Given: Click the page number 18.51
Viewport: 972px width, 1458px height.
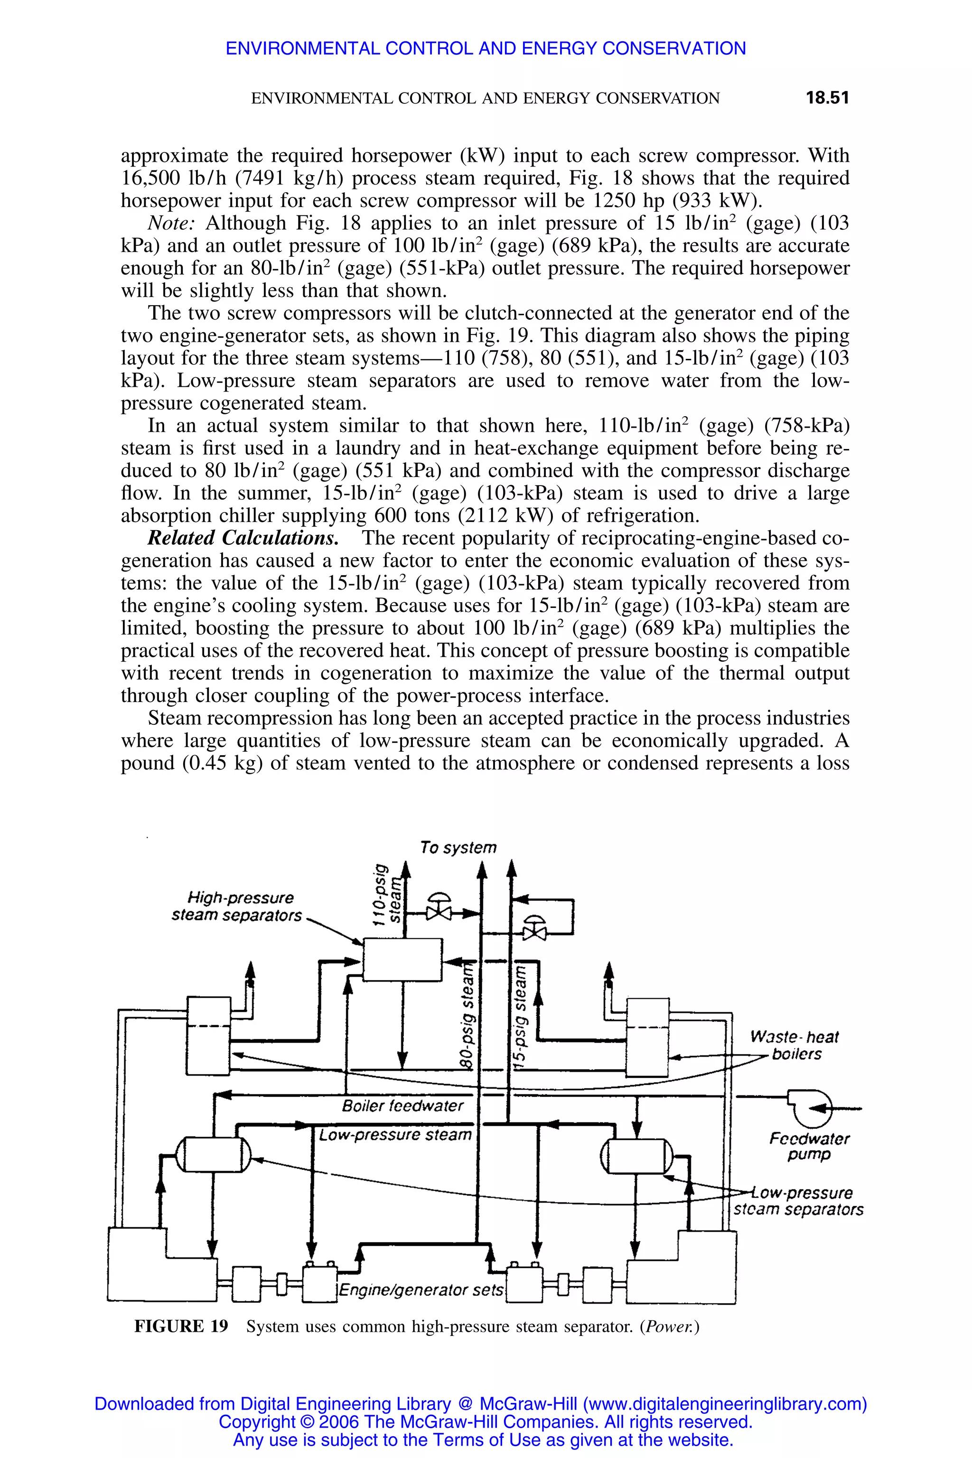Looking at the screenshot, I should (826, 98).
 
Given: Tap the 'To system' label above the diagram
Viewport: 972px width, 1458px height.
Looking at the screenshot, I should (458, 847).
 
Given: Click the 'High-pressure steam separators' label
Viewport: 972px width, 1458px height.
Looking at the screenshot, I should (236, 907).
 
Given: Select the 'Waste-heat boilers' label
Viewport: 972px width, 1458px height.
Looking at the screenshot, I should (794, 1045).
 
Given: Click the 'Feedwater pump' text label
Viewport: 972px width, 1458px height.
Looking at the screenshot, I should (809, 1146).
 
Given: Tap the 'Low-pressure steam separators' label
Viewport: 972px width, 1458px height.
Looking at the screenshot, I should (798, 1201).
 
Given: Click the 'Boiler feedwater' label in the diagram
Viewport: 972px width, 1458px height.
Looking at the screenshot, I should (402, 1106).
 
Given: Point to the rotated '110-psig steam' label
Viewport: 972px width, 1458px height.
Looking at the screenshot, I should (388, 895).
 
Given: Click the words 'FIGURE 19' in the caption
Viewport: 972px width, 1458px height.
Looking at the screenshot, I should (181, 1326).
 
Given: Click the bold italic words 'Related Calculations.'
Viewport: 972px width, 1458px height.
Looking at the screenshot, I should (243, 538).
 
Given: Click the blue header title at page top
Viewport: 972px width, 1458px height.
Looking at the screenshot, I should (486, 48).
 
